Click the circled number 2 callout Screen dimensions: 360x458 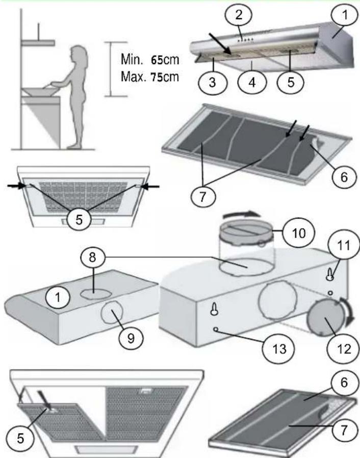pyautogui.click(x=239, y=14)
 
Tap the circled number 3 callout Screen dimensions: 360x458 pyautogui.click(x=212, y=82)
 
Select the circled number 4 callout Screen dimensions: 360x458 pyautogui.click(x=252, y=82)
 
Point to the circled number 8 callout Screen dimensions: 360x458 pyautogui.click(x=92, y=258)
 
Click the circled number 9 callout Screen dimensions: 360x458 pyautogui.click(x=131, y=338)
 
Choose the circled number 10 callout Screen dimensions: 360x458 pyautogui.click(x=298, y=233)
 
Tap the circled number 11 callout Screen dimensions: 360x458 pyautogui.click(x=343, y=245)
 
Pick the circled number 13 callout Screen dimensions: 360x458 pyautogui.click(x=279, y=349)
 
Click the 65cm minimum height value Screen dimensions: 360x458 pyautogui.click(x=165, y=60)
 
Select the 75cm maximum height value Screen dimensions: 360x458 pyautogui.click(x=165, y=77)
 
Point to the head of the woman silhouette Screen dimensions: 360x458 pyautogui.click(x=79, y=54)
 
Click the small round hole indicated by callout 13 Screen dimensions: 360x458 pyautogui.click(x=216, y=329)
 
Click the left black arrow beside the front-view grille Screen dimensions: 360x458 pyautogui.click(x=17, y=185)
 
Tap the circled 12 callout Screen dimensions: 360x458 pyautogui.click(x=343, y=349)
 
